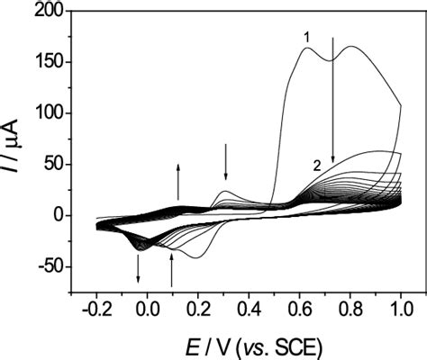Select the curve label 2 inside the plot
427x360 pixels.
click(316, 165)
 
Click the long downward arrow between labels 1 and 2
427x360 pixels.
click(333, 99)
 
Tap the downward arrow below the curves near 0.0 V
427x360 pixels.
click(138, 267)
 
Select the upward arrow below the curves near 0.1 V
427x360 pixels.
click(171, 269)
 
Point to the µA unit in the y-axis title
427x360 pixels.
click(20, 135)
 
